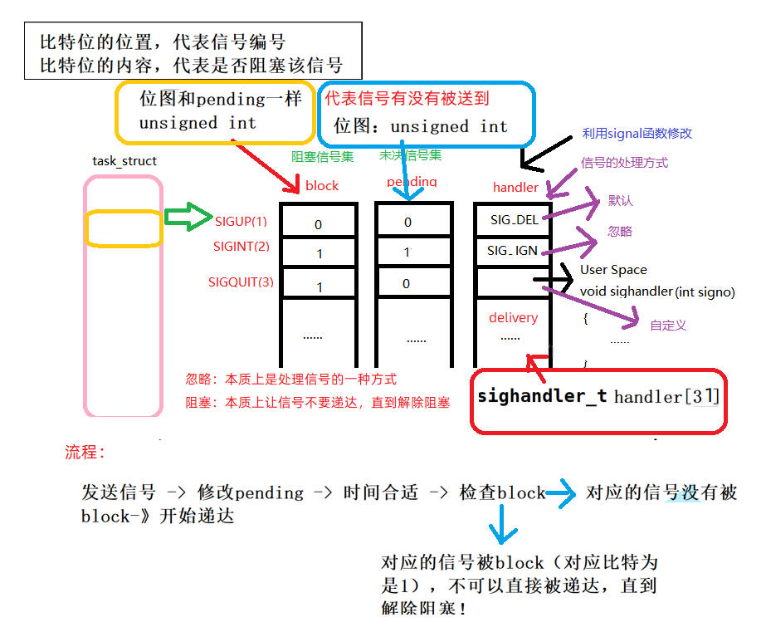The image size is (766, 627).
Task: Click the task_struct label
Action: [124, 161]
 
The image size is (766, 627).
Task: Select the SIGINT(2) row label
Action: [242, 246]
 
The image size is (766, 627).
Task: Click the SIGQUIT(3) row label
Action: [241, 282]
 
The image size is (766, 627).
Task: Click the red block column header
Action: [322, 186]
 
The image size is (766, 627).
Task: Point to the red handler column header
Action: [515, 187]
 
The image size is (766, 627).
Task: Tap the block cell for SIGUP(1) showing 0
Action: [318, 224]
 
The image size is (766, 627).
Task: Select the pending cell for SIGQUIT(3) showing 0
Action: [406, 284]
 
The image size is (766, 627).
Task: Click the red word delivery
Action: [513, 317]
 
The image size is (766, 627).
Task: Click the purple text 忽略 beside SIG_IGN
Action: [619, 232]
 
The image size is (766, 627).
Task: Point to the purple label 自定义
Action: [668, 326]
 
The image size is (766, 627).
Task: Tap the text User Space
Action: [613, 270]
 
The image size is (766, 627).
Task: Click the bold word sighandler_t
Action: [542, 396]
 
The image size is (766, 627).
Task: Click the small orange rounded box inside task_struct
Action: [123, 228]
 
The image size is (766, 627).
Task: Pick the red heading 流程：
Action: [85, 453]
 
